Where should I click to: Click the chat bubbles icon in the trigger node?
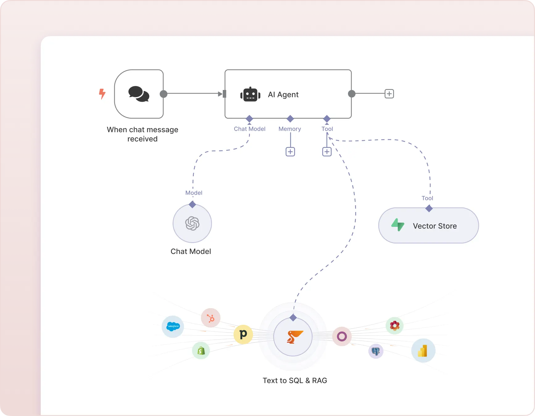click(x=139, y=94)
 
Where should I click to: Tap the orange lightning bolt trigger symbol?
click(x=102, y=94)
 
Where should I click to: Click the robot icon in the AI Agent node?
click(x=250, y=94)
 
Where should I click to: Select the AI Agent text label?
click(x=283, y=95)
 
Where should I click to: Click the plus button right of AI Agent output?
click(x=389, y=94)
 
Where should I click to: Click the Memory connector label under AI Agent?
click(x=289, y=129)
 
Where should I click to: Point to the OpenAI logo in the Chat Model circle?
click(x=192, y=223)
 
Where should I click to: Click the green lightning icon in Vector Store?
click(x=398, y=225)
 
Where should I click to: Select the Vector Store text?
click(x=435, y=226)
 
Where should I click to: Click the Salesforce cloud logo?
click(x=173, y=326)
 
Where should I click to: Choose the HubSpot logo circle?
click(x=211, y=318)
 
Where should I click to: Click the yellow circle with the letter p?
click(x=243, y=334)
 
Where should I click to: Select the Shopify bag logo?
click(x=201, y=351)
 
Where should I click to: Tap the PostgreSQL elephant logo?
click(x=375, y=351)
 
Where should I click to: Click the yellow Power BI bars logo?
click(x=423, y=351)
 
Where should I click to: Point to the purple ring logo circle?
click(x=342, y=336)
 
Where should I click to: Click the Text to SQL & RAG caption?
click(x=295, y=381)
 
